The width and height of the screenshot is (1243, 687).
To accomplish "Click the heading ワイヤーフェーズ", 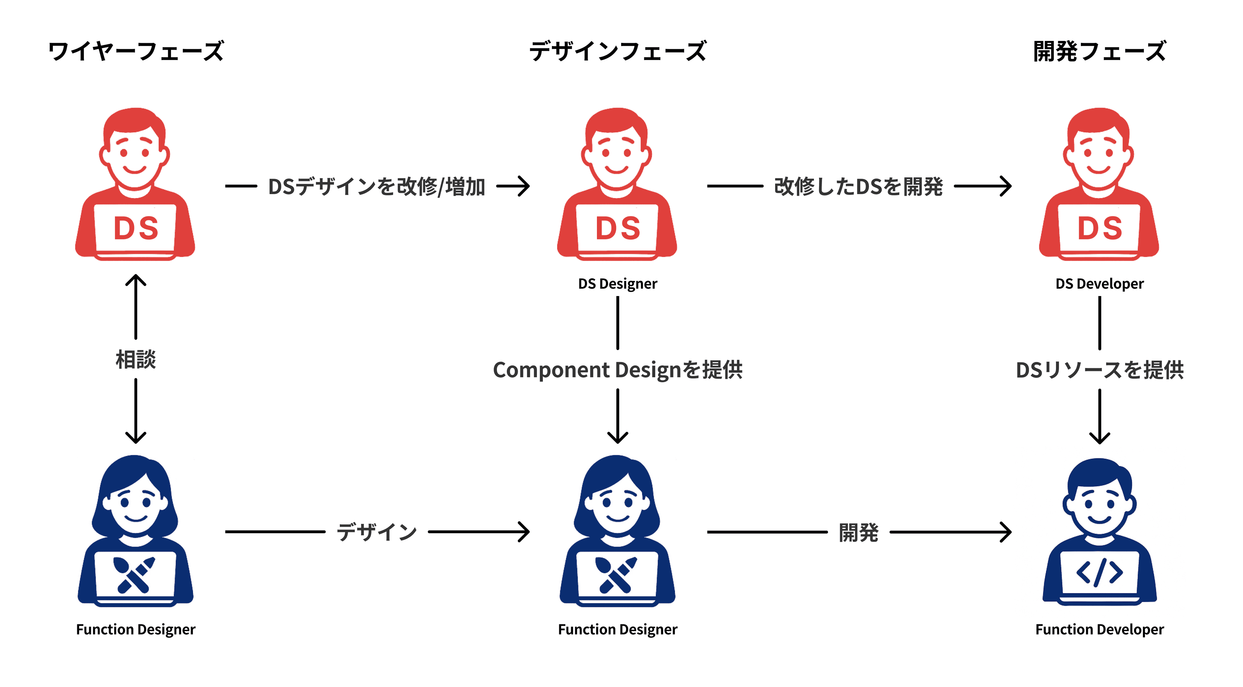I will (x=136, y=52).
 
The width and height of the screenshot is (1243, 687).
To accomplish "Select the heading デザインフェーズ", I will (x=618, y=52).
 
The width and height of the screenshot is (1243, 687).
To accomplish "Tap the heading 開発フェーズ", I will (x=1099, y=52).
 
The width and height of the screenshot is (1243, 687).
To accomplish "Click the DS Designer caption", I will (x=618, y=284).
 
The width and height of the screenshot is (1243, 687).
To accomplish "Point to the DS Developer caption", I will (x=1099, y=284).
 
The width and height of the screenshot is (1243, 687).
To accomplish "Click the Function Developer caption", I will (x=1099, y=630).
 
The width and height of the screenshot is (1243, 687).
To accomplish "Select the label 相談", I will (x=136, y=359).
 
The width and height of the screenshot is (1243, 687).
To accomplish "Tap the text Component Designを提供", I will (x=618, y=370).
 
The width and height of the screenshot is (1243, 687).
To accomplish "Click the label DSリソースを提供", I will (x=1099, y=370).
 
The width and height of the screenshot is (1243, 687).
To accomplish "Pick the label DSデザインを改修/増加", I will (x=376, y=187).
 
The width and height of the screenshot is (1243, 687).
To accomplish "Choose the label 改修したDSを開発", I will (x=858, y=187).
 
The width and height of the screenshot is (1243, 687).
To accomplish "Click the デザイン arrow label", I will (x=376, y=532).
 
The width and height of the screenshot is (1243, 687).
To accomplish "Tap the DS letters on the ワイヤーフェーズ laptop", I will (x=136, y=228).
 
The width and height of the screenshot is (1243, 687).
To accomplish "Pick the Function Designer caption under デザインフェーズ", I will (x=618, y=630).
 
